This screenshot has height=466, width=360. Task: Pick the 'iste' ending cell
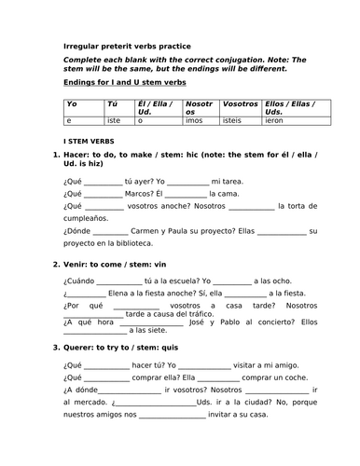click(x=116, y=121)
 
